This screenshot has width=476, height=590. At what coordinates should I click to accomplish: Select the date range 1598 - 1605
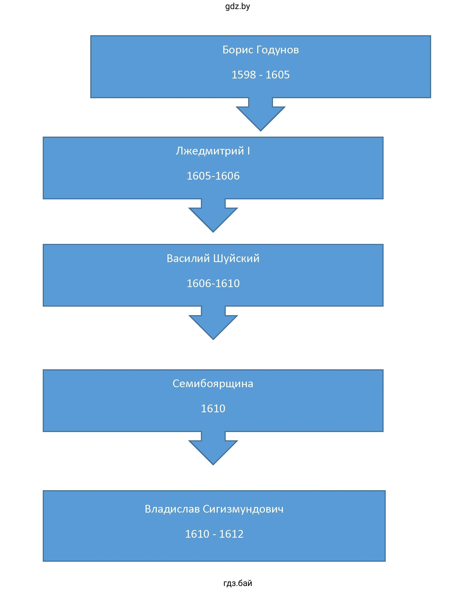260,75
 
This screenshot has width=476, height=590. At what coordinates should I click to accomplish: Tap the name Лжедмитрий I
213,151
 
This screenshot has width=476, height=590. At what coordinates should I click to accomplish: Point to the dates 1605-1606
213,176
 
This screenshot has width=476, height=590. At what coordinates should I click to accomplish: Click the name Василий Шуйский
213,258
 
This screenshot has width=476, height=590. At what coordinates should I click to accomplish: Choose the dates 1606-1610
213,283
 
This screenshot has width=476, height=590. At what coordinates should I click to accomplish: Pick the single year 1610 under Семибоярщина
213,408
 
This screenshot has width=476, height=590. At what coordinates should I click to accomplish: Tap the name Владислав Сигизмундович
214,509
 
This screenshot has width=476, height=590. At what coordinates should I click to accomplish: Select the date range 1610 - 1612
214,534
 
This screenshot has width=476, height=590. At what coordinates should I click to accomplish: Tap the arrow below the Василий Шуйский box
213,323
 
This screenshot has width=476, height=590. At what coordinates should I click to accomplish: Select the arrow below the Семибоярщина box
213,448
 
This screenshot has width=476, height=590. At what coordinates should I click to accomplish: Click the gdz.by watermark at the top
237,6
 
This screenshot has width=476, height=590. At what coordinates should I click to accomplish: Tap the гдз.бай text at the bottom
237,583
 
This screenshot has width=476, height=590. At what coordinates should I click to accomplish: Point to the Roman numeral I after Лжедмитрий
248,151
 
